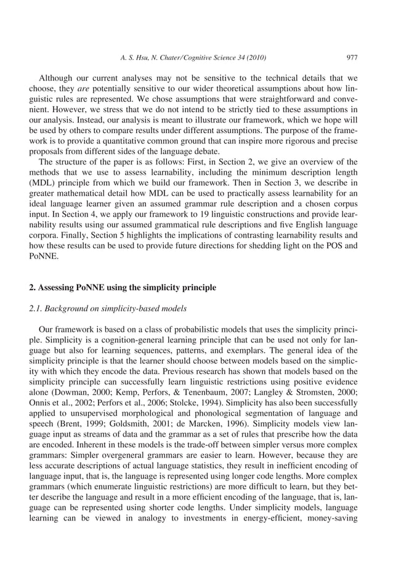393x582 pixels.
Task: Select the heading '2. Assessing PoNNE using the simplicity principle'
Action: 123,287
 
